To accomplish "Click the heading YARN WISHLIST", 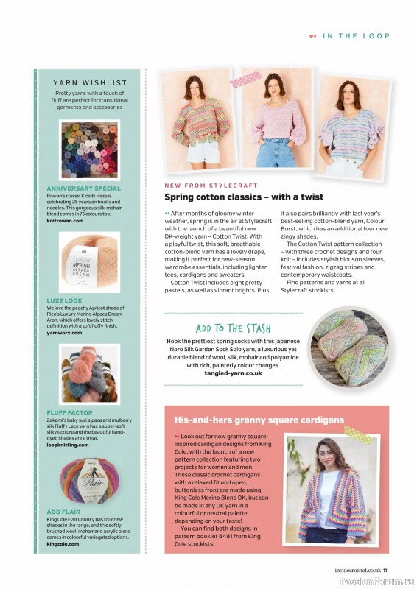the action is (91, 83).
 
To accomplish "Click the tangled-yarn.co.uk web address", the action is (233, 373).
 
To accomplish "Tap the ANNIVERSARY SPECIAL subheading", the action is (83, 188).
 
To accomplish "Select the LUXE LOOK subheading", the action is (65, 301).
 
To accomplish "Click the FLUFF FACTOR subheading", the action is (69, 413).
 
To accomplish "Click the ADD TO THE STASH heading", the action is (233, 328).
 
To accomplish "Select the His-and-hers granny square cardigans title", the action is (259, 420).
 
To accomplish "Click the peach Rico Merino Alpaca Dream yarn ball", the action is (89, 263).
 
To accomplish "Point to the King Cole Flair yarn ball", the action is (89, 486).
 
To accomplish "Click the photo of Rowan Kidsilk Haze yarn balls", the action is (89, 150).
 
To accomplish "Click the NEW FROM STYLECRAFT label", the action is (206, 186).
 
